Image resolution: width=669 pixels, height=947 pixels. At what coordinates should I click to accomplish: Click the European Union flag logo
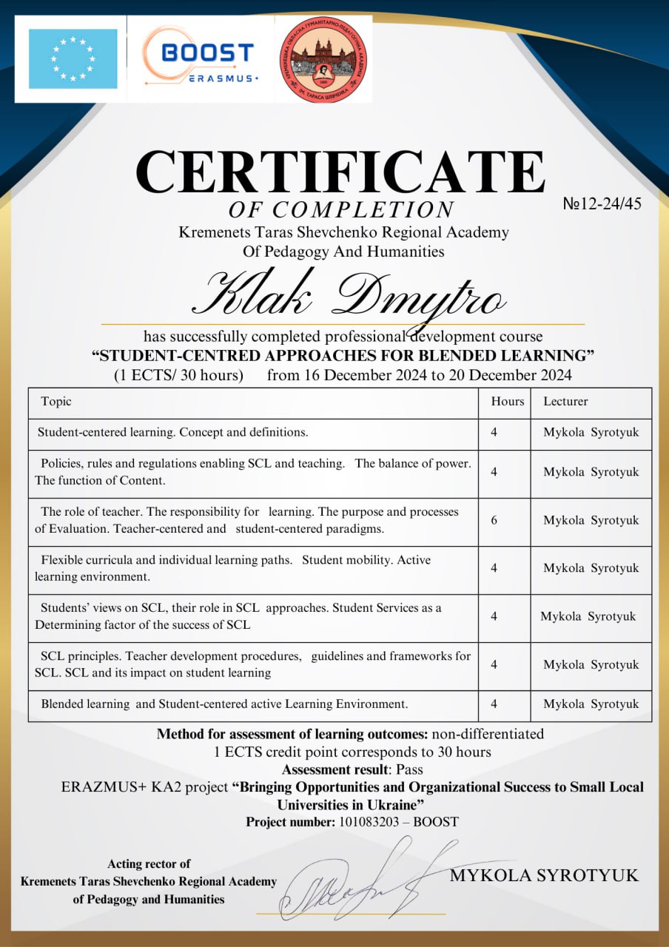click(73, 59)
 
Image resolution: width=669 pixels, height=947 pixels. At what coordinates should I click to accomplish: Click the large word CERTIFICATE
click(340, 172)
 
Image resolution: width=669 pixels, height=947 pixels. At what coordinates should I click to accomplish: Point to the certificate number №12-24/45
click(602, 204)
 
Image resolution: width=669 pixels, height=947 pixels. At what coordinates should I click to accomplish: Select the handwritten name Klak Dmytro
click(349, 296)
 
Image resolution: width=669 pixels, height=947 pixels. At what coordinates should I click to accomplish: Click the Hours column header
click(507, 401)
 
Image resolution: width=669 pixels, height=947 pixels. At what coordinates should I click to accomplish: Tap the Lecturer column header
click(565, 401)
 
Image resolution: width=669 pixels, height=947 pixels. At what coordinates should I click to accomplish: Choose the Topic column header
click(56, 401)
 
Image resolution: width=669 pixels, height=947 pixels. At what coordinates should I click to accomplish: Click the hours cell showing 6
click(494, 520)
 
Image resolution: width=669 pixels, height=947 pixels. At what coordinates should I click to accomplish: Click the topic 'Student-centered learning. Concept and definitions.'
click(172, 431)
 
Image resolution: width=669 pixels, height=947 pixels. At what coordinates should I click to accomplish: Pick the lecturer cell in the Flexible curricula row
click(591, 568)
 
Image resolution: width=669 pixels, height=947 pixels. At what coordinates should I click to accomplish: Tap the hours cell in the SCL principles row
click(494, 664)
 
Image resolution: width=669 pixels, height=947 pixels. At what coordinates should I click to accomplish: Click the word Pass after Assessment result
click(409, 769)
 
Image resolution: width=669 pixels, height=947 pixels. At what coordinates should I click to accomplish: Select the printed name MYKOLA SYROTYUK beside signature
click(544, 875)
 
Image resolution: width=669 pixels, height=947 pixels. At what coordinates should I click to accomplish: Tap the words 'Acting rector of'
click(149, 863)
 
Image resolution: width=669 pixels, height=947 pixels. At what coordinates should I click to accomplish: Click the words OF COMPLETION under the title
click(340, 209)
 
